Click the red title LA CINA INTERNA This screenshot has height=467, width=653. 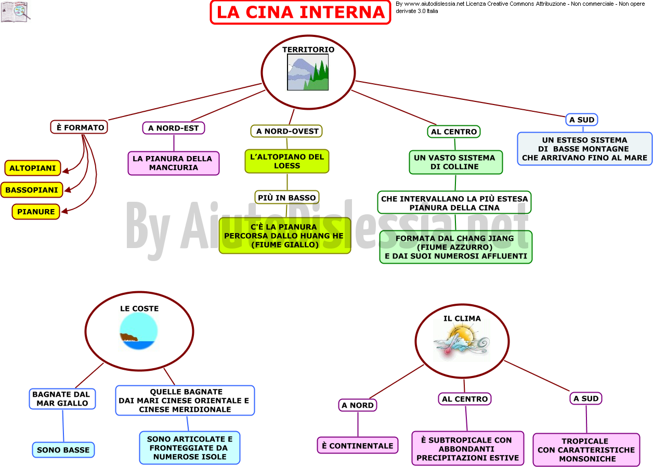(x=301, y=12)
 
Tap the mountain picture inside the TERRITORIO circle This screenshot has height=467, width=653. (x=308, y=72)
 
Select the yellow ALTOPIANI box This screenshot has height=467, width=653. (x=33, y=168)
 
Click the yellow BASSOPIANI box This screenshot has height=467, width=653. (x=32, y=190)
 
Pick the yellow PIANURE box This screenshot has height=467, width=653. (x=36, y=212)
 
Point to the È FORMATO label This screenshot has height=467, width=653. (x=80, y=127)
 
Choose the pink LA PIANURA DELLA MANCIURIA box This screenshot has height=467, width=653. (x=174, y=163)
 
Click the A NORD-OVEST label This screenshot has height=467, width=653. (x=286, y=131)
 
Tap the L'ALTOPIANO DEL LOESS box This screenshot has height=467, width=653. (x=287, y=161)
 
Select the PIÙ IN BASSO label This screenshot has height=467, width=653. (x=287, y=198)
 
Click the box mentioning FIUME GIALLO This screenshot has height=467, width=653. (x=285, y=236)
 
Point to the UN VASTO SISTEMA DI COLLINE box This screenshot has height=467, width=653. (x=455, y=162)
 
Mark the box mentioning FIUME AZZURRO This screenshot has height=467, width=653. (x=456, y=247)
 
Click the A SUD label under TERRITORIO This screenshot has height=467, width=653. (x=582, y=120)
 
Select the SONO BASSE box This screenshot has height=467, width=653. (x=63, y=450)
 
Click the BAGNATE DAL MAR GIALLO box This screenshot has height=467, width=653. (x=62, y=399)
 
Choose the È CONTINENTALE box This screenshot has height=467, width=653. (x=358, y=446)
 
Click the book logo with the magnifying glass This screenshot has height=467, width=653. (x=16, y=11)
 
